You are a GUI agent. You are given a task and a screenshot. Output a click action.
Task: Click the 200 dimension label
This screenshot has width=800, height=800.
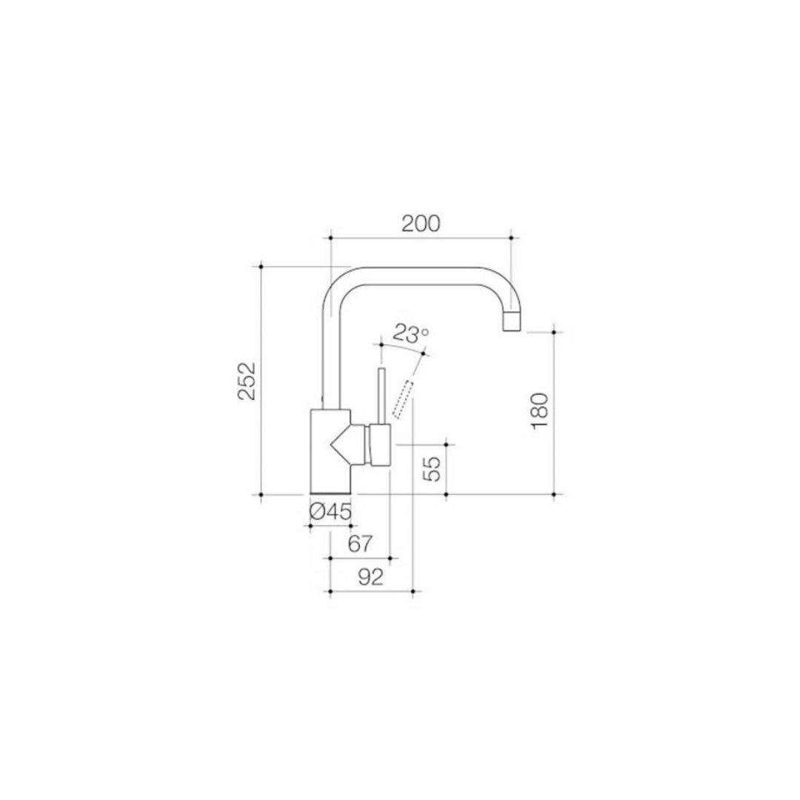(421, 223)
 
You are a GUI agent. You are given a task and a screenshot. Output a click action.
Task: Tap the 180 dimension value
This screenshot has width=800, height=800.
(539, 411)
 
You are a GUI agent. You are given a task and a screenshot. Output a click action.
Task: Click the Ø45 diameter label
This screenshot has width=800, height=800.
(329, 511)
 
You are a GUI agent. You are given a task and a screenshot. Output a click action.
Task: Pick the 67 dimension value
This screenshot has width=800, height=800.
(359, 544)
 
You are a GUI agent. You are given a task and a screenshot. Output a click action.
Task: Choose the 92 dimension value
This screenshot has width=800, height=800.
(370, 578)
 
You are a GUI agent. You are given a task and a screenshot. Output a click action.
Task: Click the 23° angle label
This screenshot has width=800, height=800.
(411, 334)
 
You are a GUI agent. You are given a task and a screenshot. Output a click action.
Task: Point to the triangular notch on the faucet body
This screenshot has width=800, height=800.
(342, 444)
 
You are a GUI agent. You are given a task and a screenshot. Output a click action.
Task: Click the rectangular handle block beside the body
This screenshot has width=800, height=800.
(380, 446)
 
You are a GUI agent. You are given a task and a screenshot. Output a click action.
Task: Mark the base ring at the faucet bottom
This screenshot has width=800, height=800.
(330, 491)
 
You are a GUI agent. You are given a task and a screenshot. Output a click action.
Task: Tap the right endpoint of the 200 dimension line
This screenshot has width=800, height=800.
(511, 238)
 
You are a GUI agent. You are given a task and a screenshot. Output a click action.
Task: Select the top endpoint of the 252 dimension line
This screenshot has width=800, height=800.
(261, 266)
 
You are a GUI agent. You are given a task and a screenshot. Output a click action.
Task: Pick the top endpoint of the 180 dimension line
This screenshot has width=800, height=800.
(555, 332)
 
